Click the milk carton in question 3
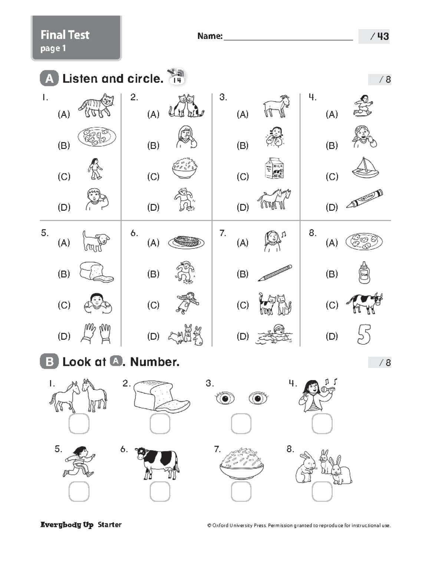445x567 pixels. coord(274,169)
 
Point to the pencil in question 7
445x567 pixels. coord(275,273)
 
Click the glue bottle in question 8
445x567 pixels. coord(364,273)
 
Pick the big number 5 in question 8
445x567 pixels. coord(364,334)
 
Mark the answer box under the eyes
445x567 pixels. coord(241,424)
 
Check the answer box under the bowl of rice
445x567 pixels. coord(241,492)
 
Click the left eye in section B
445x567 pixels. coord(225,398)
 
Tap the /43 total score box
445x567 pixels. coord(374,36)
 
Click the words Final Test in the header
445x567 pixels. coord(65,35)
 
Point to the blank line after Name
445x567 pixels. coord(288,37)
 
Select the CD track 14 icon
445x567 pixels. coord(177,77)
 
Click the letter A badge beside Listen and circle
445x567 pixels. coord(49,79)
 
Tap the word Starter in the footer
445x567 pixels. coord(109,525)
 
